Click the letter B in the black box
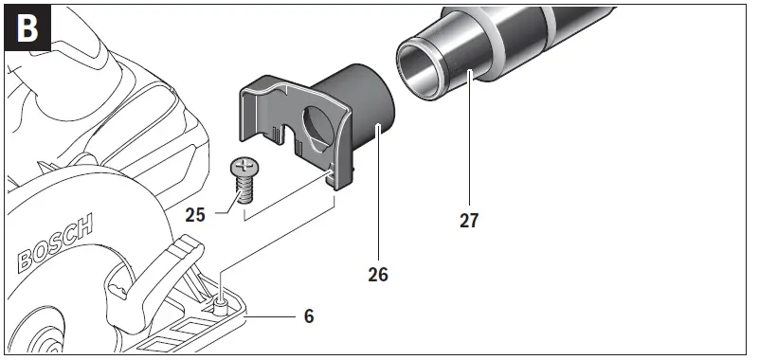coord(28,28)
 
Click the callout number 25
coord(196,214)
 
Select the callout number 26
coord(377,275)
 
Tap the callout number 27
coord(468,220)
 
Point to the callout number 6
coord(309,315)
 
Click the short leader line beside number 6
coord(274,315)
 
